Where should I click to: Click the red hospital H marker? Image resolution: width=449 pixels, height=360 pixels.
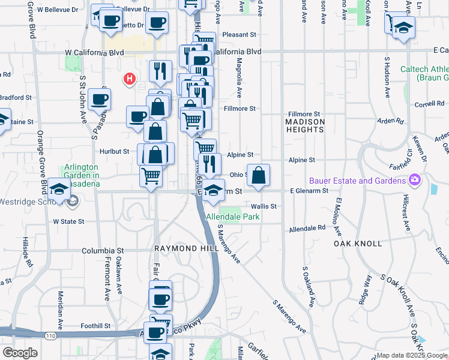(x=128, y=79)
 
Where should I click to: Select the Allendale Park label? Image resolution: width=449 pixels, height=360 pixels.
(x=232, y=217)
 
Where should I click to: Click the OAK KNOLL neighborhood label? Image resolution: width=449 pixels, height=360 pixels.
(x=358, y=244)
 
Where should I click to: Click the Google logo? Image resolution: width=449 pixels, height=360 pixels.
(x=20, y=352)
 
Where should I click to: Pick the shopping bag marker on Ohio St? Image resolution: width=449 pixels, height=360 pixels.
(x=258, y=176)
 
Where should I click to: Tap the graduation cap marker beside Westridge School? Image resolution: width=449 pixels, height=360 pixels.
(x=59, y=190)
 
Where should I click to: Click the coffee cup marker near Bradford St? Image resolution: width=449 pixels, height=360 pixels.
(x=99, y=99)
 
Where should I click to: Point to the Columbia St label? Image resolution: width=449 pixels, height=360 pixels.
(x=102, y=250)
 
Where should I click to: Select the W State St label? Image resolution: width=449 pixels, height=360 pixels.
(x=68, y=221)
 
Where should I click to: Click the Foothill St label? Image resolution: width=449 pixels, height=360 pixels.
(x=95, y=326)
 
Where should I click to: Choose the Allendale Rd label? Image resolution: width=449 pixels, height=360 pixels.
(x=306, y=229)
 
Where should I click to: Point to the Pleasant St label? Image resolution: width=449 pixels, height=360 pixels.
(x=239, y=35)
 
